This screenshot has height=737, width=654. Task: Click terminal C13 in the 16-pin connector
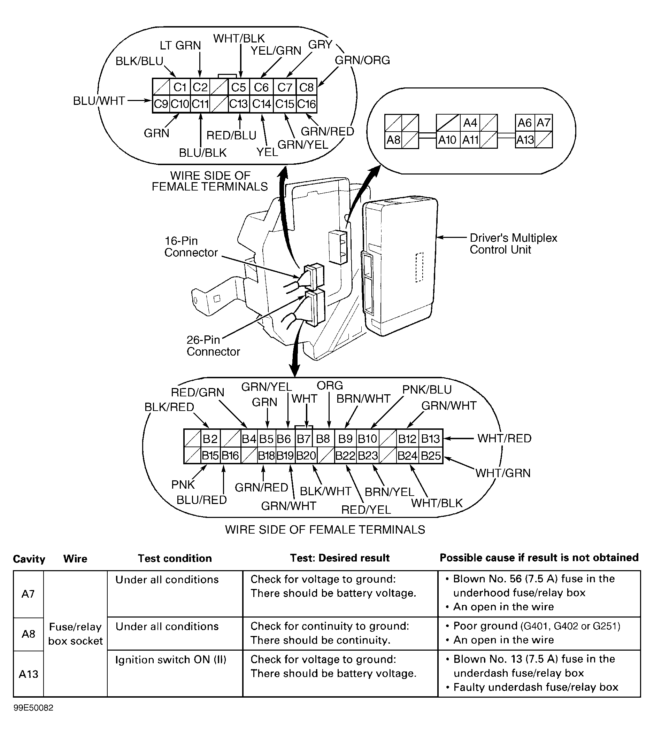238,104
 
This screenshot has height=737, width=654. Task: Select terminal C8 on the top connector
306,87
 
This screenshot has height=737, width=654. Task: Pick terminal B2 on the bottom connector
210,439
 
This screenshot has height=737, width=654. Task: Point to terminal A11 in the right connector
470,140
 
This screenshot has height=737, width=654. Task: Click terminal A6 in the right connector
524,123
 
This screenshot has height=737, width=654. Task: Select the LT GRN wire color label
180,45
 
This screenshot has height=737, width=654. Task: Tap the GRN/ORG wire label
362,60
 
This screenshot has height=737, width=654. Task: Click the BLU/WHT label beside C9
99,101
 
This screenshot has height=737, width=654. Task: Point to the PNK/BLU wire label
427,389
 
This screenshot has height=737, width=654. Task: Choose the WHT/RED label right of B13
504,439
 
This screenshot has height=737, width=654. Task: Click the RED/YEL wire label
366,510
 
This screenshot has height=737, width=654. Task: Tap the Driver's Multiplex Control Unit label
513,244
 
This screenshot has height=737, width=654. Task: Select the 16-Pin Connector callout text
191,247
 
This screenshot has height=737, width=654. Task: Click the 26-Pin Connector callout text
213,346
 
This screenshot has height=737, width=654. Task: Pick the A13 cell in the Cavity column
29,674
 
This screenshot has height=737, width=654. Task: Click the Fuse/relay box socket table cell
75,634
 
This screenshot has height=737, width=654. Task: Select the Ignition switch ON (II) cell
171,659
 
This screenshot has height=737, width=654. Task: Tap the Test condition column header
175,559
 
